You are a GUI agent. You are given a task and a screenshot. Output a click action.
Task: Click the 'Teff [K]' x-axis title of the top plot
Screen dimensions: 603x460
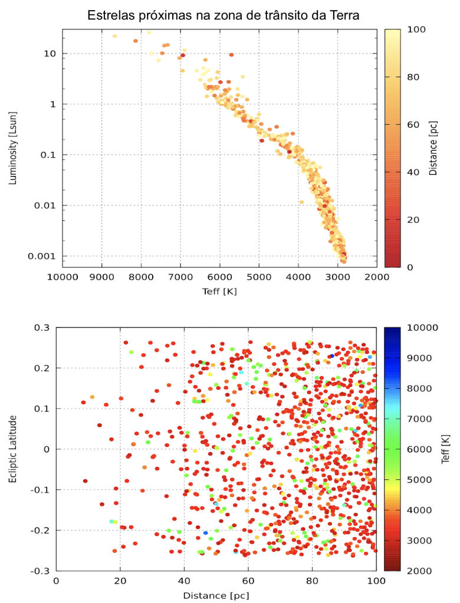click(219, 291)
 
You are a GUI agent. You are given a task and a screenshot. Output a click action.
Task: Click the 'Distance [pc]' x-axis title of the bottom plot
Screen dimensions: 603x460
click(216, 595)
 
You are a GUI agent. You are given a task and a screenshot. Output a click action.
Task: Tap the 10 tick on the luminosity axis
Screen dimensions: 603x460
click(50, 54)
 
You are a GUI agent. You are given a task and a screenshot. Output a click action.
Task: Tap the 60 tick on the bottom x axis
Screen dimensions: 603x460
click(248, 581)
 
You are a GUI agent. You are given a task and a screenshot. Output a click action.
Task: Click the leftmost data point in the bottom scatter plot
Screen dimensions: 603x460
click(83, 402)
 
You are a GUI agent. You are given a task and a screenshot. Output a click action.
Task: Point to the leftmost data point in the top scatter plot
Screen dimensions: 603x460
click(115, 36)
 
